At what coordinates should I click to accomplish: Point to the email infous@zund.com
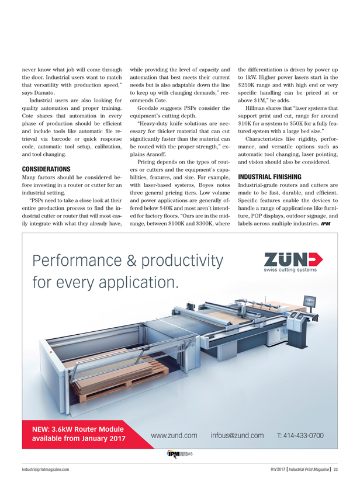pyautogui.click(x=238, y=435)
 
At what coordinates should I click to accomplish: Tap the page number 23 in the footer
pyautogui.click(x=336, y=469)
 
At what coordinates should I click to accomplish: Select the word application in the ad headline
pyautogui.click(x=140, y=283)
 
